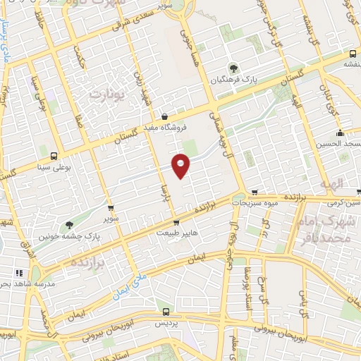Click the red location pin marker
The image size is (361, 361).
[x=181, y=166]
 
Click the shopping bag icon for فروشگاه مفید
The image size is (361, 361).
[x=164, y=117]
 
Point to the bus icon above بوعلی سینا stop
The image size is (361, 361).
[x=54, y=156]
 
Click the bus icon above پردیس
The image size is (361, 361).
[x=166, y=311]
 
